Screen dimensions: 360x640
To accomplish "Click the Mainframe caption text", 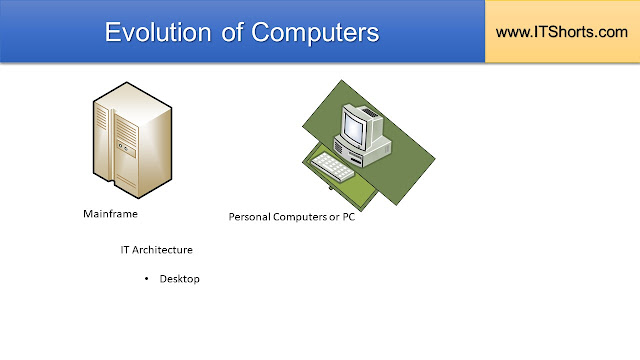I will [109, 214].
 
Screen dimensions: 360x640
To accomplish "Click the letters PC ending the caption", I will [348, 217].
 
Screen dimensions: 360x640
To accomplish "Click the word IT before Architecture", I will [126, 249].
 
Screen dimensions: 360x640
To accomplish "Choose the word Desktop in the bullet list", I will [180, 279].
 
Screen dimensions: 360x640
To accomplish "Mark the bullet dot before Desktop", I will [146, 279].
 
